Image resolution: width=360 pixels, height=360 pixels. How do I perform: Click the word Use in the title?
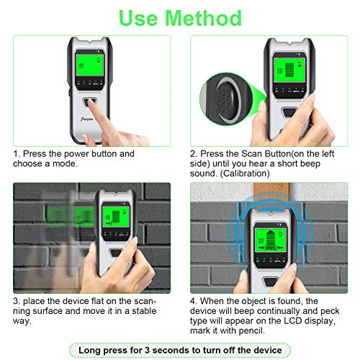[139, 17]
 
